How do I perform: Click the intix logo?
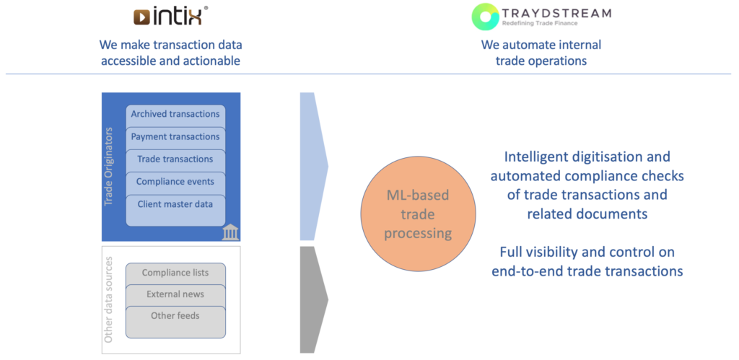pos(170,16)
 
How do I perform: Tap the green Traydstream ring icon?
pos(485,17)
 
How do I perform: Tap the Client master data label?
pos(175,204)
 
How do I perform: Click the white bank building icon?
pos(230,232)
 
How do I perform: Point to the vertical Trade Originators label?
pos(109,166)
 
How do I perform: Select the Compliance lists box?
pos(175,273)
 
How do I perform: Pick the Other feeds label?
pos(175,316)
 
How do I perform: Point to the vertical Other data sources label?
pos(109,299)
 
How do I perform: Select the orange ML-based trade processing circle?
pos(418,214)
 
